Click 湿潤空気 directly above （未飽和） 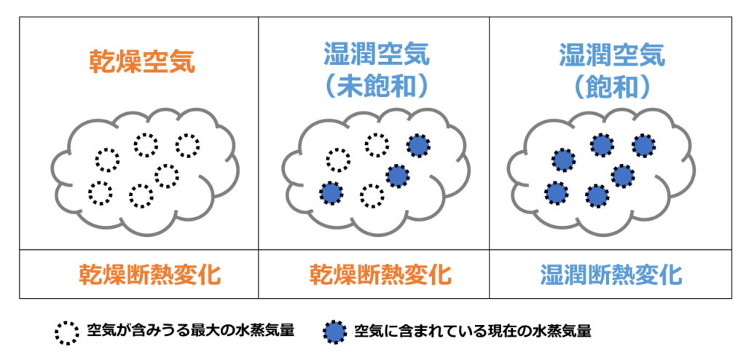pyautogui.click(x=377, y=55)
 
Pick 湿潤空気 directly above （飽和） pyautogui.click(x=612, y=55)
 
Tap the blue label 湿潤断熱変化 pyautogui.click(x=611, y=274)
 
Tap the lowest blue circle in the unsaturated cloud pyautogui.click(x=331, y=194)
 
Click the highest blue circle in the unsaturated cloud pyautogui.click(x=418, y=145)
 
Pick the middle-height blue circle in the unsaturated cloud pyautogui.click(x=396, y=176)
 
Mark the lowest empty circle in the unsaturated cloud pyautogui.click(x=372, y=195)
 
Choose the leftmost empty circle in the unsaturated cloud pyautogui.click(x=338, y=160)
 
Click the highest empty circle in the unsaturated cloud pyautogui.click(x=377, y=145)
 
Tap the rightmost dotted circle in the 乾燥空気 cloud pyautogui.click(x=187, y=145)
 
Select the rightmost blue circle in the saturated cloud pyautogui.click(x=644, y=145)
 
